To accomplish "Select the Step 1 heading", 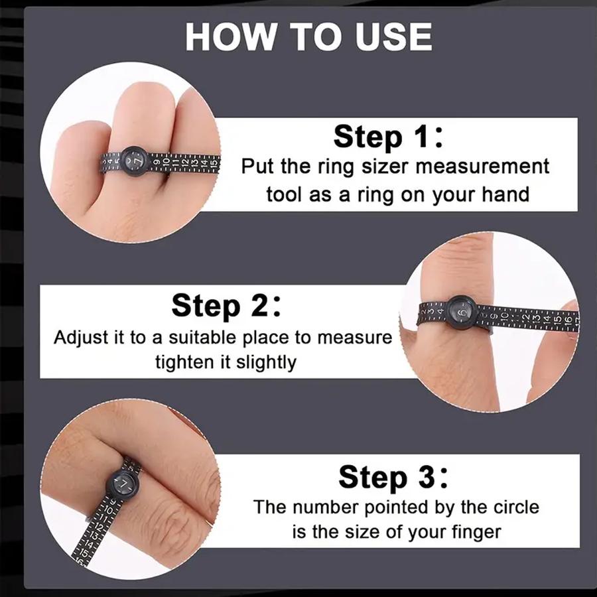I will click(387, 137).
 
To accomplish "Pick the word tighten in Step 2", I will click(184, 362).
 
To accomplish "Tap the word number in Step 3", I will click(326, 507).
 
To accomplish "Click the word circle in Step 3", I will click(509, 507).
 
